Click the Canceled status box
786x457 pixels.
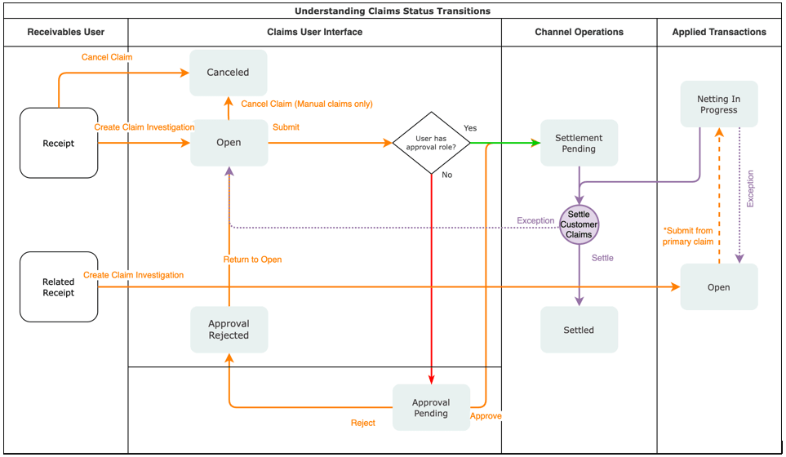point(229,73)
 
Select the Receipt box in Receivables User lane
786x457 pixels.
point(59,143)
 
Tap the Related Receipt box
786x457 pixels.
point(59,287)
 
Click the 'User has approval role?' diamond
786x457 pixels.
point(431,143)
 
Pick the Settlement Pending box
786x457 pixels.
point(579,144)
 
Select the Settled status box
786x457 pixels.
point(579,330)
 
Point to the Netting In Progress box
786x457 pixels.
point(718,104)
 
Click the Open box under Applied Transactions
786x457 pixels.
point(718,287)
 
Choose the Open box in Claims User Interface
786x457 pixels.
point(229,143)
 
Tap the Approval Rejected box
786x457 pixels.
point(229,330)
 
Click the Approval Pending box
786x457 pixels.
point(431,408)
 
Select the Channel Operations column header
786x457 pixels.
point(579,33)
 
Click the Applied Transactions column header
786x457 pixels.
point(719,33)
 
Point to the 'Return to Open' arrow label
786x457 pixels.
point(252,260)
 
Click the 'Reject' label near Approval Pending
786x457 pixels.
point(363,423)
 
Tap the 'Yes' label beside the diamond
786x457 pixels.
point(470,128)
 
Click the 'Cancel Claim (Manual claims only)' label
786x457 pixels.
point(306,104)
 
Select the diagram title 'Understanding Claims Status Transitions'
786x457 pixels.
point(393,11)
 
